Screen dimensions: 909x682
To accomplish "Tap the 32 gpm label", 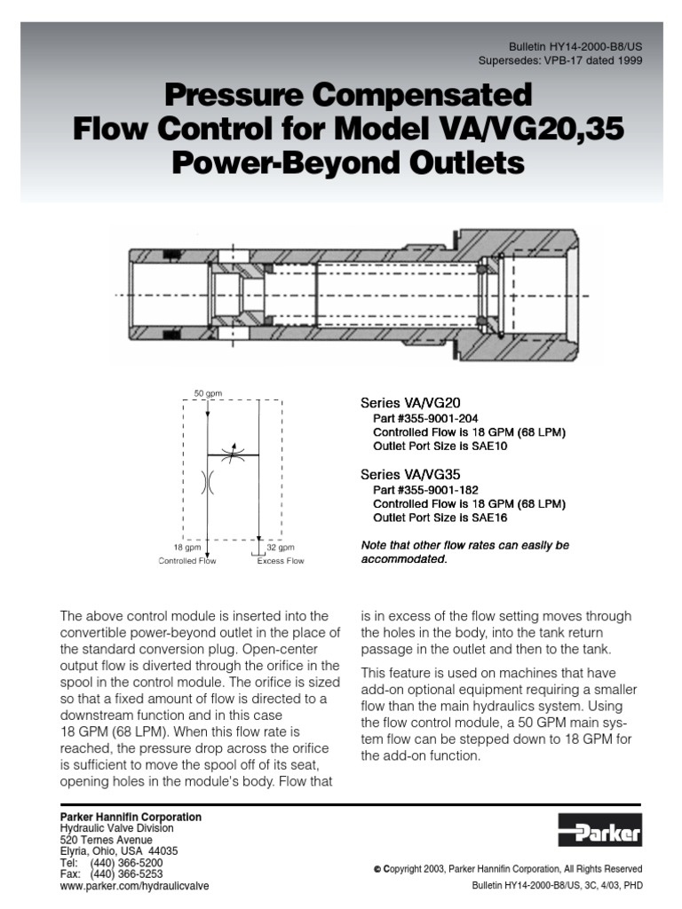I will tap(281, 548).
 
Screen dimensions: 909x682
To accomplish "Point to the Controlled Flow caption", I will tap(187, 561).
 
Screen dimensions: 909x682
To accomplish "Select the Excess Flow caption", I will tap(281, 561).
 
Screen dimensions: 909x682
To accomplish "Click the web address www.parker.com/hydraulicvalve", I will tap(135, 886).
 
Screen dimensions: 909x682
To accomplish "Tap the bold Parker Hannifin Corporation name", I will tap(131, 816).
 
